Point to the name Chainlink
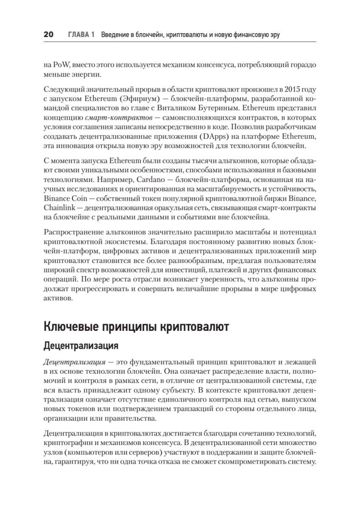tap(58, 208)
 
